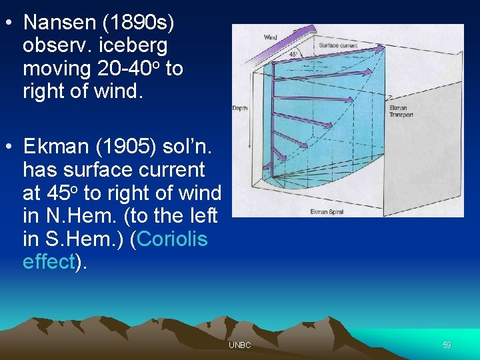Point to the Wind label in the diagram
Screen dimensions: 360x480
[271, 37]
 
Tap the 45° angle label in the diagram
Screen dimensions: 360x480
[293, 54]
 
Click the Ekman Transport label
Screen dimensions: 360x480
[401, 111]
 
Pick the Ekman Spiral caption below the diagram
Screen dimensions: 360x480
[327, 212]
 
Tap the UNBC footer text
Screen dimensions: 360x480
[239, 345]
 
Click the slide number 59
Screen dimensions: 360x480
[447, 345]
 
